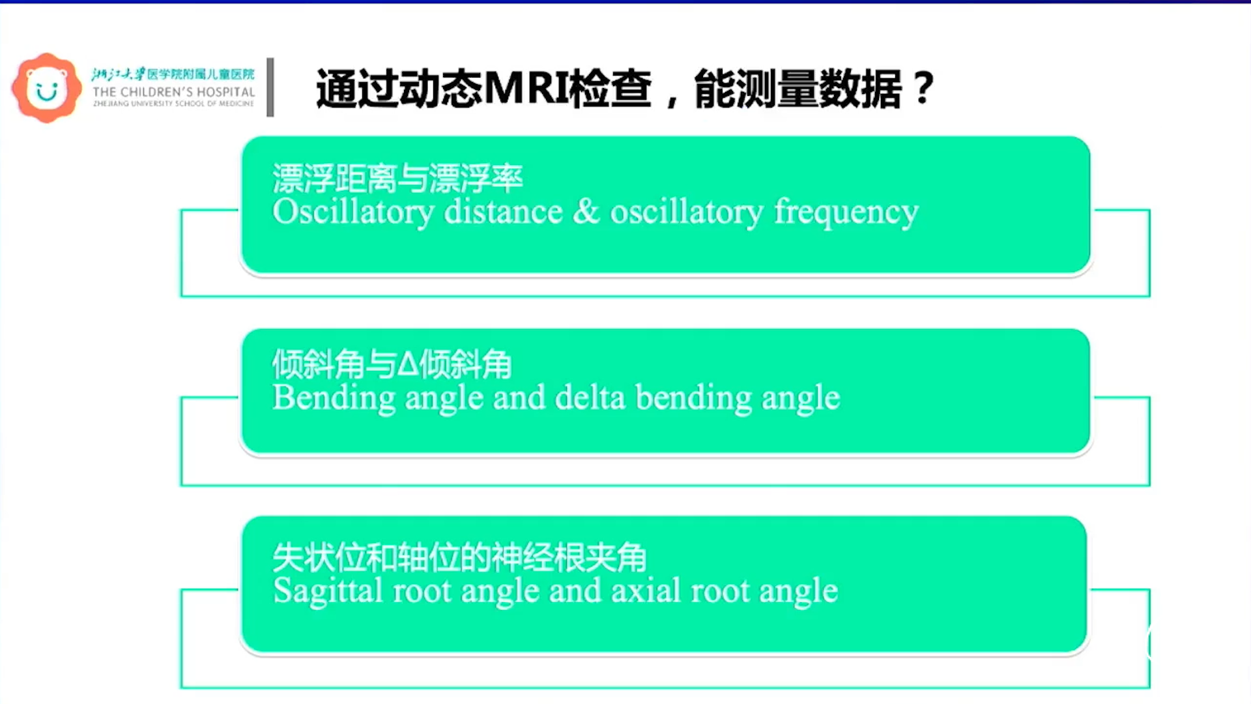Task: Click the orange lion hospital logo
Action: [x=46, y=87]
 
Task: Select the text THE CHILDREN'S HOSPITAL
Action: [x=173, y=92]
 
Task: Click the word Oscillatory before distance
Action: [x=353, y=211]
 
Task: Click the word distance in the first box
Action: [x=503, y=211]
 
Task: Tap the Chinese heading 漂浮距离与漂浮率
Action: [x=397, y=178]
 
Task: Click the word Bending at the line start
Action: [x=334, y=398]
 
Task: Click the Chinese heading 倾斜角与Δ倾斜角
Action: [x=392, y=364]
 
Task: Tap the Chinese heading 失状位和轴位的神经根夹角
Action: [x=459, y=557]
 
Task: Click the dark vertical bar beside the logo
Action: [x=270, y=87]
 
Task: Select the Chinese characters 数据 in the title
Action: [x=861, y=89]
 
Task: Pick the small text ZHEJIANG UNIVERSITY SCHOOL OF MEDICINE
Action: [x=173, y=104]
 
